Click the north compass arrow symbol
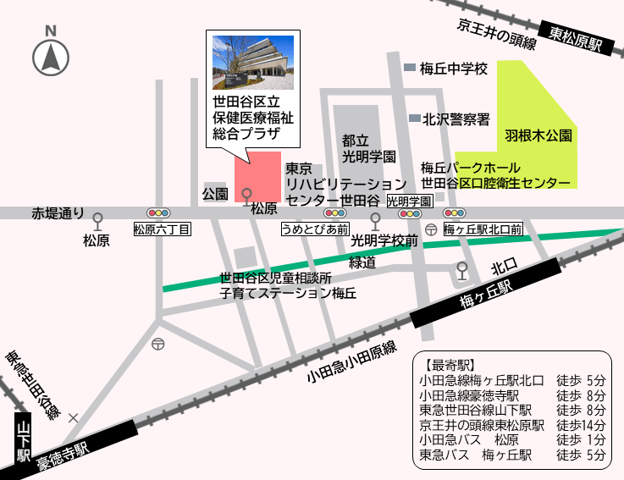coord(51,57)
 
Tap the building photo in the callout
coord(253,62)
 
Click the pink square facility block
coord(258,178)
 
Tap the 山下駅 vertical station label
coord(23,440)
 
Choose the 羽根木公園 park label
coord(538,135)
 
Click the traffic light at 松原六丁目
coord(159,212)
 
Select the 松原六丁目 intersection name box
coord(163,229)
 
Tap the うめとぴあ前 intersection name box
coord(315,229)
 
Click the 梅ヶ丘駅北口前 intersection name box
coord(482,229)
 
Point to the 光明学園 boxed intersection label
coord(410,201)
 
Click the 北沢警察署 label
coord(456,119)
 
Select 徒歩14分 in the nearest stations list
coord(582,425)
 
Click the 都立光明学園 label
coord(368,149)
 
